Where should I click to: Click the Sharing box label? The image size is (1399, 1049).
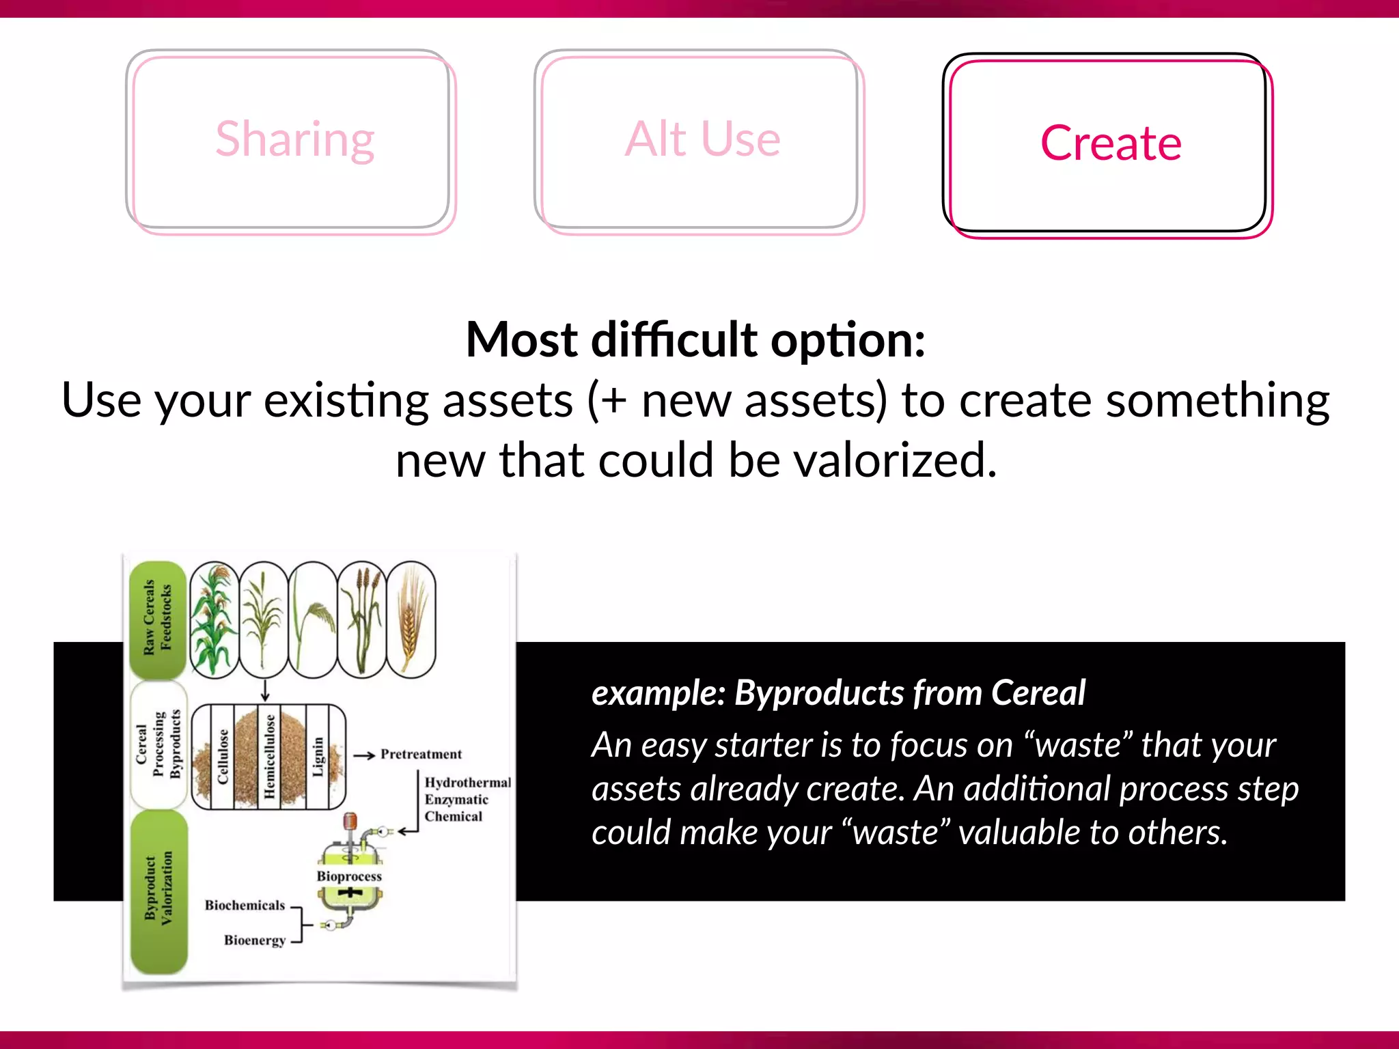294,139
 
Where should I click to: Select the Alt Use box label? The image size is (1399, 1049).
702,139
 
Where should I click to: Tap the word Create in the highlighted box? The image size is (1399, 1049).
1111,143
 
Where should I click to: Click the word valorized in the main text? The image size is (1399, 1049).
895,460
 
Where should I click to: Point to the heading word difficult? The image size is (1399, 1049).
674,339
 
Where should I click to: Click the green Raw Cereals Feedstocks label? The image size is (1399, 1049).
158,619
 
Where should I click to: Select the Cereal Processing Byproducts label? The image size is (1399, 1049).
158,744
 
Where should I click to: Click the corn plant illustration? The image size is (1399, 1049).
214,619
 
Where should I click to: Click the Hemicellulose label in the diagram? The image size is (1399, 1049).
269,756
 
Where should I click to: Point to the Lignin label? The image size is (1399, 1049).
317,756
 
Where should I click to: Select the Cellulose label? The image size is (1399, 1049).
223,756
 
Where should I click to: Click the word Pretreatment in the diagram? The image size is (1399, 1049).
421,754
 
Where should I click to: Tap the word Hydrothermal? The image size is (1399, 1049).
467,783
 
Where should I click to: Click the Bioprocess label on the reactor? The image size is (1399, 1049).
349,876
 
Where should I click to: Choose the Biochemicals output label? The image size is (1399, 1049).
245,906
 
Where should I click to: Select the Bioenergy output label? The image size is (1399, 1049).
255,940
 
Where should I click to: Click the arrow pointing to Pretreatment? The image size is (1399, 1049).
365,755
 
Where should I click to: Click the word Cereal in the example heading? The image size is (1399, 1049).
1038,693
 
